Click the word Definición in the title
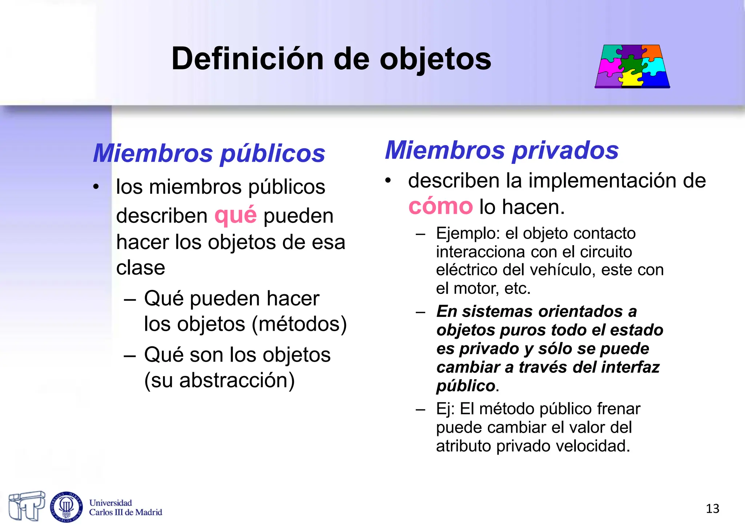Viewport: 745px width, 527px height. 247,59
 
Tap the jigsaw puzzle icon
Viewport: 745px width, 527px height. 632,66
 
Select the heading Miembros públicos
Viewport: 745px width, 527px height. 209,153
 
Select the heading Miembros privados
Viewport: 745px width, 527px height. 502,150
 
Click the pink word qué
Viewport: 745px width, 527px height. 235,215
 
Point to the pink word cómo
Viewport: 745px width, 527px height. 440,207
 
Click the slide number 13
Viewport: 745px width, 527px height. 712,508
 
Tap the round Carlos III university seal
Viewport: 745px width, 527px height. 66,507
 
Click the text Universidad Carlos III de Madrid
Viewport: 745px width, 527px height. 126,508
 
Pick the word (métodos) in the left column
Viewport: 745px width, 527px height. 299,324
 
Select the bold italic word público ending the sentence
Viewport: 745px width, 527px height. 466,386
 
